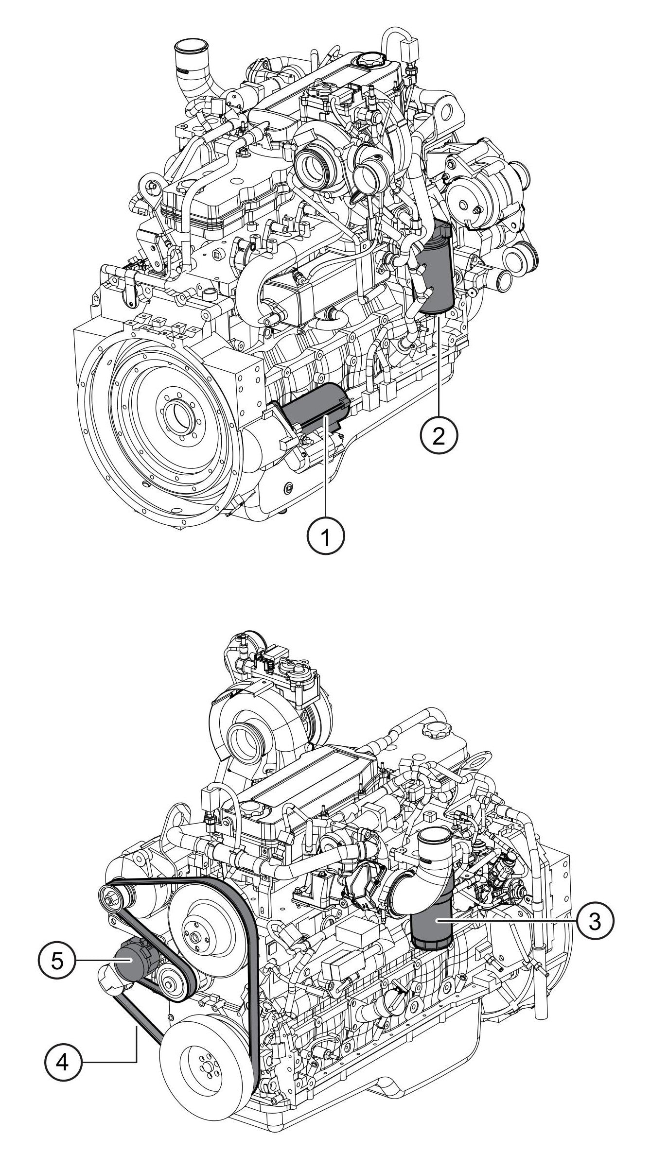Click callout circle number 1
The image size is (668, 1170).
click(325, 537)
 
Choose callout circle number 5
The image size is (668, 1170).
click(57, 961)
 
